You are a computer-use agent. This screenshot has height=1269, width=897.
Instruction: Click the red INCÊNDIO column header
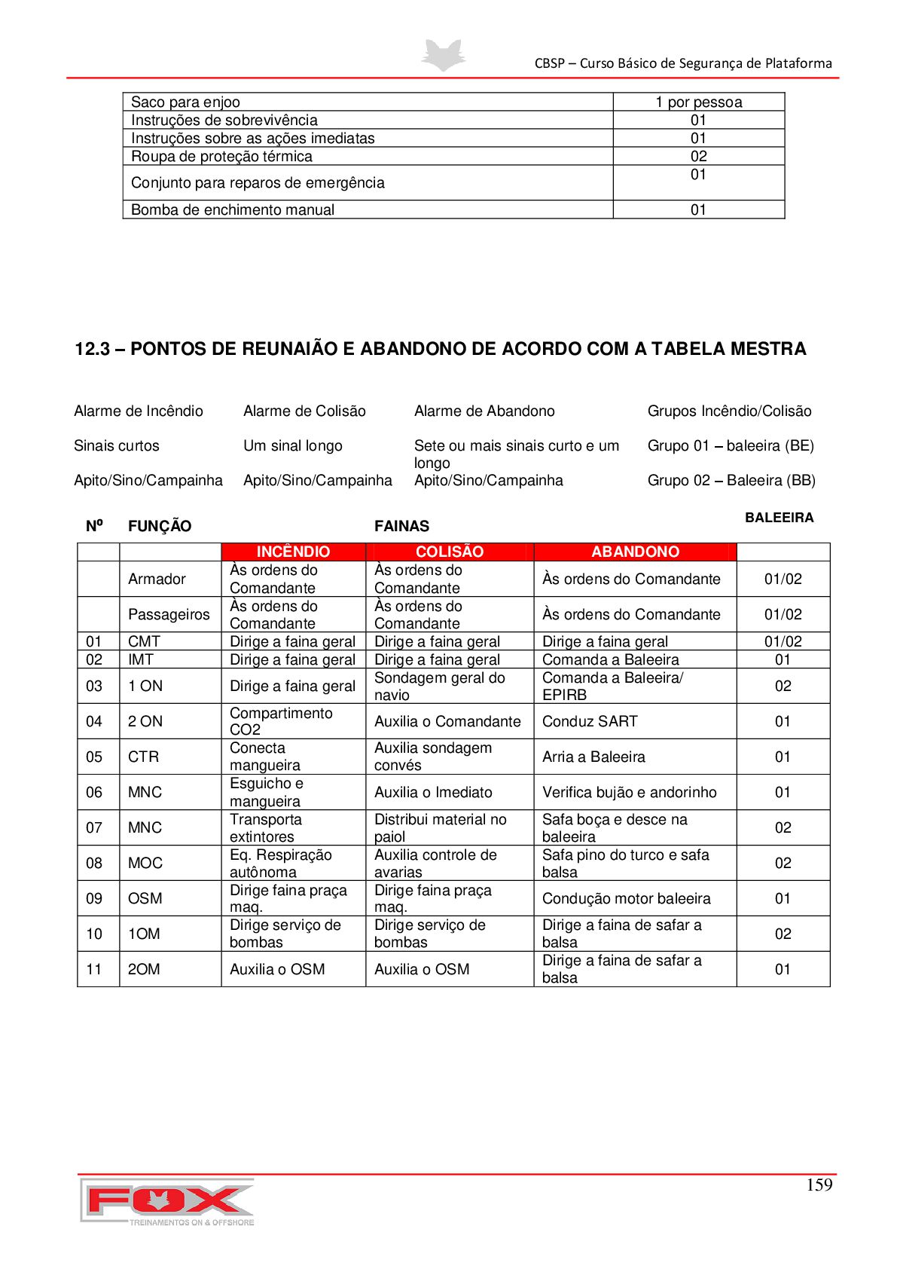[x=293, y=552]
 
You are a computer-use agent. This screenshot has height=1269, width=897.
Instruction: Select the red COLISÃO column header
[x=450, y=552]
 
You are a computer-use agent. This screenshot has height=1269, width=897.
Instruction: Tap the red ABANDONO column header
[x=635, y=552]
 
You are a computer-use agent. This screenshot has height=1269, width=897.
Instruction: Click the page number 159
[x=819, y=1185]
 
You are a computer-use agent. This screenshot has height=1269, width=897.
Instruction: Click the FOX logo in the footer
[x=167, y=1201]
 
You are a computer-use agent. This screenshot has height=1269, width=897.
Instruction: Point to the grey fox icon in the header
[x=443, y=55]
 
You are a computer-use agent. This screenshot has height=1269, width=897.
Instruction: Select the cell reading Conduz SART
[x=590, y=721]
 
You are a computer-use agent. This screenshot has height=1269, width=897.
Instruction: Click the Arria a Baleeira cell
[x=593, y=757]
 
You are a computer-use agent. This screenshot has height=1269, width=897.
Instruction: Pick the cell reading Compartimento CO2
[x=281, y=721]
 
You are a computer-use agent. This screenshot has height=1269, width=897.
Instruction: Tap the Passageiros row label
[x=169, y=614]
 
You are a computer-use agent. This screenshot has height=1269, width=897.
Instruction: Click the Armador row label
[x=157, y=579]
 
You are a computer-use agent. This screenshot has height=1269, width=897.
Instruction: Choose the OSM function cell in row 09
[x=145, y=898]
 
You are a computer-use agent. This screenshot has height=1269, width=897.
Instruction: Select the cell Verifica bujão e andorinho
[x=629, y=792]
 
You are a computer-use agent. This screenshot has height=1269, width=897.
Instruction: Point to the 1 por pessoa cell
[x=698, y=102]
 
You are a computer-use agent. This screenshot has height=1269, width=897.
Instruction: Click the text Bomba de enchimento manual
[x=233, y=209]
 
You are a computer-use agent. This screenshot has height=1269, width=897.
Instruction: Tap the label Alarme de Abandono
[x=484, y=411]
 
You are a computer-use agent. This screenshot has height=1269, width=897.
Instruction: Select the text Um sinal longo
[x=292, y=445]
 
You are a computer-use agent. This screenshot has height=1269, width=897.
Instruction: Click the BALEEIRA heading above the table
[x=779, y=518]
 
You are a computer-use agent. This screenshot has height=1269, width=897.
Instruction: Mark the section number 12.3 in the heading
[x=92, y=349]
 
